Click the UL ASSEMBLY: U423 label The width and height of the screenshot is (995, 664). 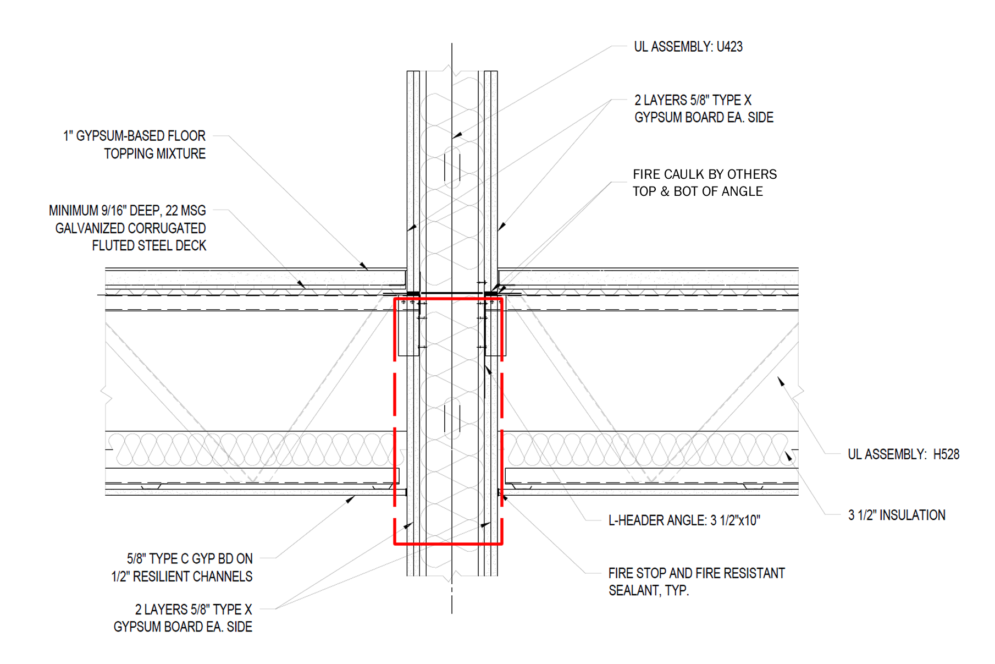(x=688, y=47)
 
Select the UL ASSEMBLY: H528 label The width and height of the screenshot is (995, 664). (x=903, y=454)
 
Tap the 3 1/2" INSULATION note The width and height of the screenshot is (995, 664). (x=896, y=515)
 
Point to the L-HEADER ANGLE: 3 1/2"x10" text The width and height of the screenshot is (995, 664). (x=684, y=520)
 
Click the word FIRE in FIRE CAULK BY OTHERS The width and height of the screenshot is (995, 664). (x=646, y=175)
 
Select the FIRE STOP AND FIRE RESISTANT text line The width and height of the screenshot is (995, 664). (x=696, y=573)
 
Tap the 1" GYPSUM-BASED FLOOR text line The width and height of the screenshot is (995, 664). (x=134, y=136)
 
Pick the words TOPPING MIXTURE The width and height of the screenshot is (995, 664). (x=154, y=154)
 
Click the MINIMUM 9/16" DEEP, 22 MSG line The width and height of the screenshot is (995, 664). (x=127, y=211)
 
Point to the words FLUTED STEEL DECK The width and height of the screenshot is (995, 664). (x=149, y=246)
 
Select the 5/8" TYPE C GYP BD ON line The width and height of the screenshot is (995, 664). (x=190, y=559)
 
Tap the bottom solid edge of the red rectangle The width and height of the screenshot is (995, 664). (x=449, y=544)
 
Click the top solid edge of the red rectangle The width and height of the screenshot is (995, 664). (x=449, y=299)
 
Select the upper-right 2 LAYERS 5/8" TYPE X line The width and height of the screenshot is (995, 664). (x=693, y=101)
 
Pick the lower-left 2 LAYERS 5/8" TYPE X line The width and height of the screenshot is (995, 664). (x=193, y=610)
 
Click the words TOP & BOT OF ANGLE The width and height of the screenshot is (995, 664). (x=698, y=192)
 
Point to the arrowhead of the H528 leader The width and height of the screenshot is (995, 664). (x=781, y=381)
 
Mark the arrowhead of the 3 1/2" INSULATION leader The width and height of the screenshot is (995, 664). (x=788, y=456)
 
